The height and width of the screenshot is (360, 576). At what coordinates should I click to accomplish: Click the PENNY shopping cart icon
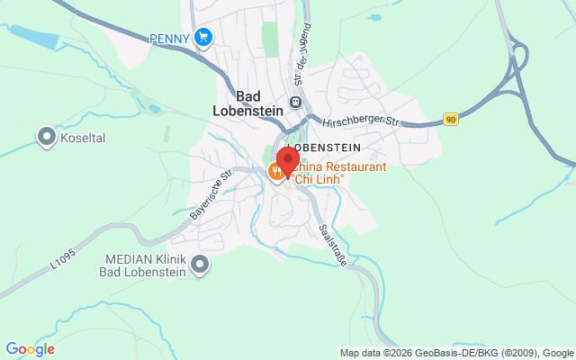[x=204, y=38]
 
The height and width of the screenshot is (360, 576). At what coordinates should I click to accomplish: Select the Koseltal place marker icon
[x=46, y=136]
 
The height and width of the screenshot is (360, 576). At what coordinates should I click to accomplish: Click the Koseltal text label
[x=83, y=137]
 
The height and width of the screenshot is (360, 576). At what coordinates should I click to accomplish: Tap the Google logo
[x=30, y=349]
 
